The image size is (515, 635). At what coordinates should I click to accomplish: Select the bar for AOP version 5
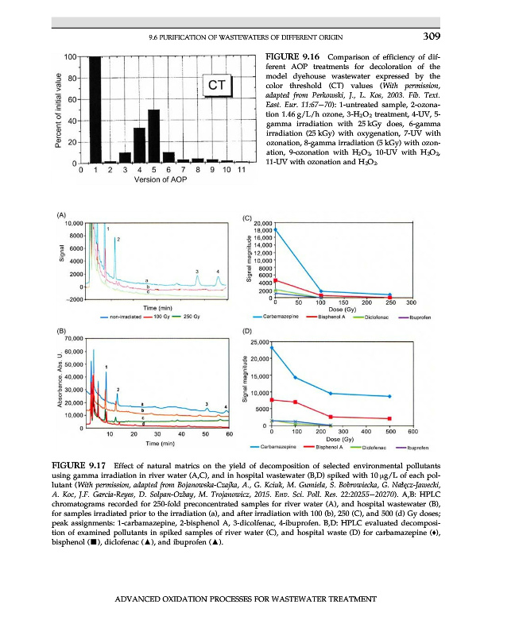153,136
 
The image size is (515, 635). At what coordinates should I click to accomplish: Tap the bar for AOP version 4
139,145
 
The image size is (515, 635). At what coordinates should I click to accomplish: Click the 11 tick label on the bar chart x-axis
241,170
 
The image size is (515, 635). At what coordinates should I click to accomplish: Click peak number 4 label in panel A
218,271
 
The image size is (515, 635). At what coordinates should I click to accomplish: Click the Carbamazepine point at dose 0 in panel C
275,229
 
